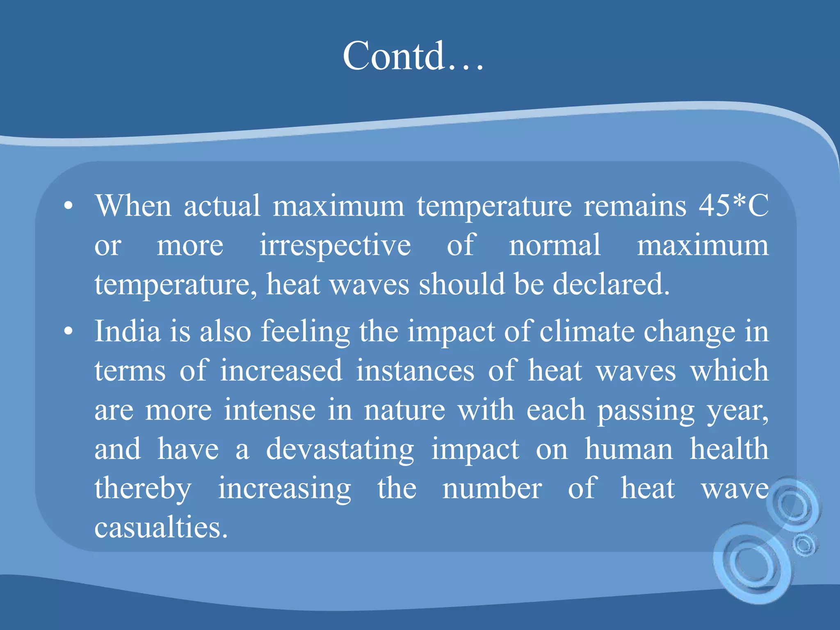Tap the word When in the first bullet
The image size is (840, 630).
133,205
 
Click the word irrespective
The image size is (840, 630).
335,245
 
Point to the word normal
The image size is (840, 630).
555,245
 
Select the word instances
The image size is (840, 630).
415,371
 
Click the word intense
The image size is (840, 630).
269,410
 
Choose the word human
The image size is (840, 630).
628,450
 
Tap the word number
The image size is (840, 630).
492,489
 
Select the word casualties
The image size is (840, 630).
161,528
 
